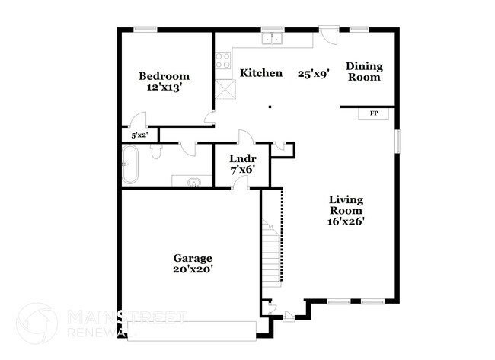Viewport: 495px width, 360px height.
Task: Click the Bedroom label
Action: tap(164, 76)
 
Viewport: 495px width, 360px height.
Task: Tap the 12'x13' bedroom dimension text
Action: tap(164, 88)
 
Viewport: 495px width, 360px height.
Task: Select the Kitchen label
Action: tap(261, 73)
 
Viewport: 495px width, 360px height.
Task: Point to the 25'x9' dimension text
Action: tap(313, 74)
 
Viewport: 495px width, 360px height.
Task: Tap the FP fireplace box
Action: tap(374, 113)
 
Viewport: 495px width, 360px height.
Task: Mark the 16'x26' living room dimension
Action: tap(346, 222)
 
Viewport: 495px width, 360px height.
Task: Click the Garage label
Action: tap(192, 258)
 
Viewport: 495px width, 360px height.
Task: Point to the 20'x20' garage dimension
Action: tap(192, 269)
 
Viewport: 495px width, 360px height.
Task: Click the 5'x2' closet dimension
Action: tap(139, 135)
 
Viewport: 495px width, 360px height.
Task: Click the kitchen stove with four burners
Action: tap(223, 60)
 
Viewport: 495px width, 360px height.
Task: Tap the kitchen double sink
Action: tap(272, 40)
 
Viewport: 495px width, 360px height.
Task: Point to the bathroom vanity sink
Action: tap(193, 181)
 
